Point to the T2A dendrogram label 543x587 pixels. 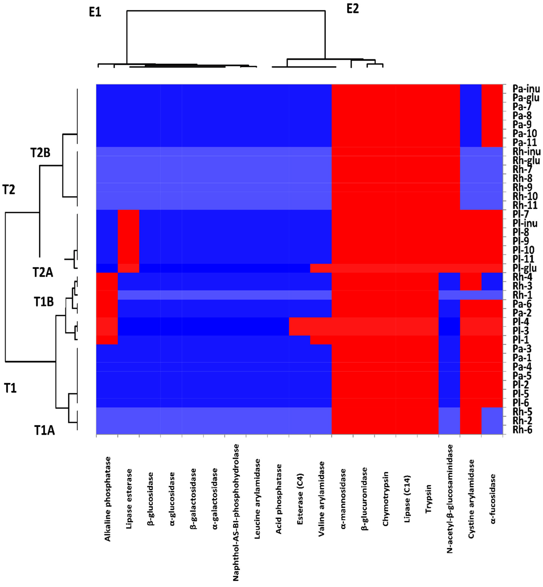[x=43, y=273]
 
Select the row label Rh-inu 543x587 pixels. [x=526, y=152]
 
